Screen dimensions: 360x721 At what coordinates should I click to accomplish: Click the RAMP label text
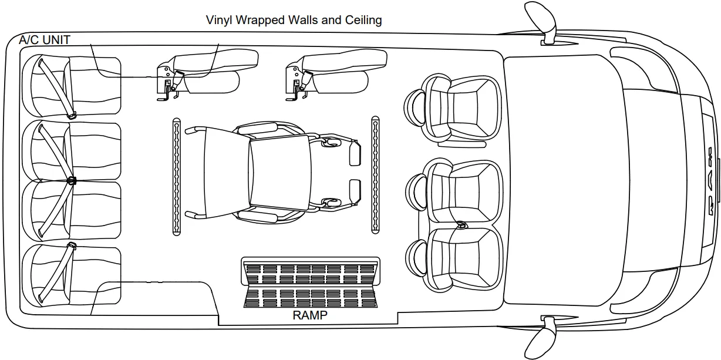310,315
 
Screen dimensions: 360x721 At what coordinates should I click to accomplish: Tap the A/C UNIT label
45,40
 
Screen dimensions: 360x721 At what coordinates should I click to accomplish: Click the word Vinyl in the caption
218,20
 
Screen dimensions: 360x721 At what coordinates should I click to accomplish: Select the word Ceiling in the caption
363,20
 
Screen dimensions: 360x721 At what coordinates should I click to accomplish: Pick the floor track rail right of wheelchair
375,175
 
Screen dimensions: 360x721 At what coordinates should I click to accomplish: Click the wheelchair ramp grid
311,282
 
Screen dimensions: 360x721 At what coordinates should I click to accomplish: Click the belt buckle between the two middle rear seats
72,180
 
